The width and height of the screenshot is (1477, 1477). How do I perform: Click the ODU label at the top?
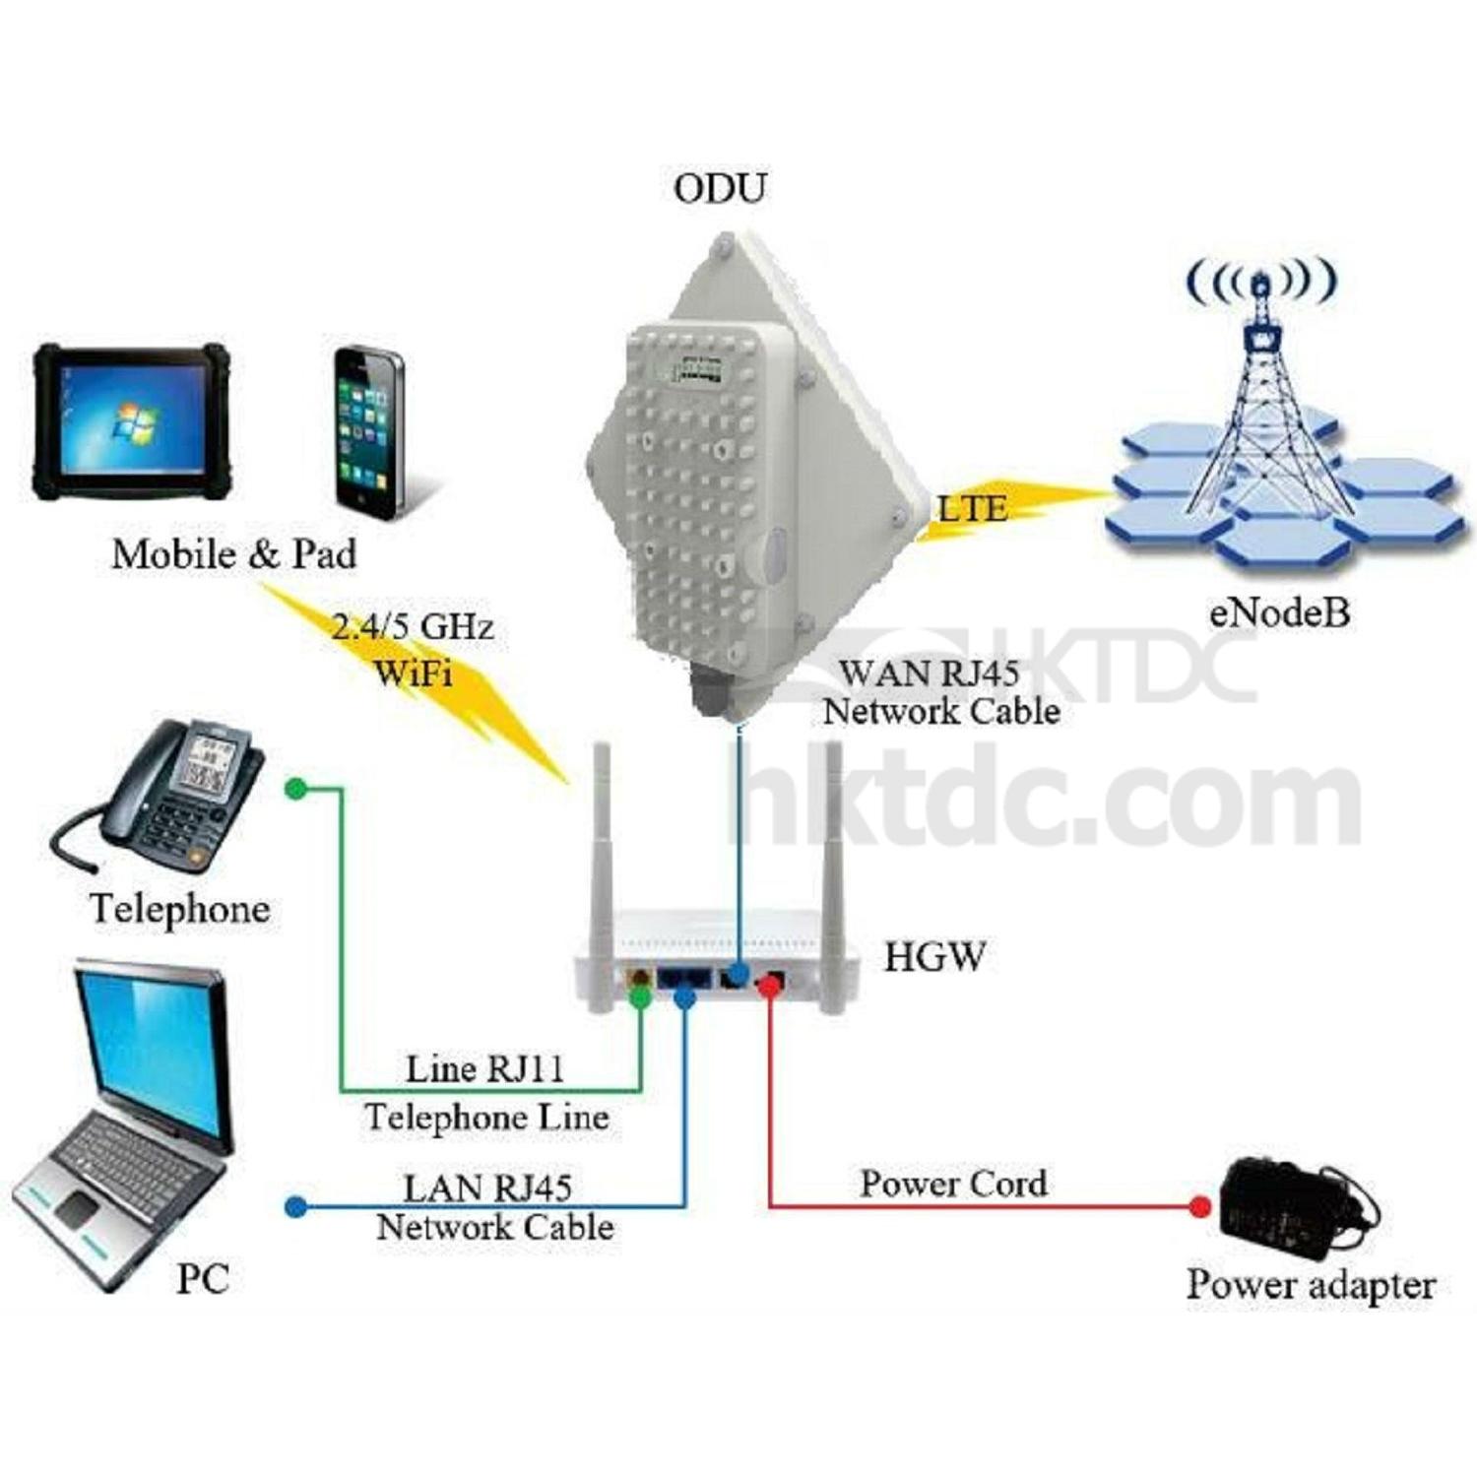pyautogui.click(x=719, y=188)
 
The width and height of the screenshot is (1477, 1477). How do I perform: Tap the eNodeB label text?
pyautogui.click(x=1278, y=612)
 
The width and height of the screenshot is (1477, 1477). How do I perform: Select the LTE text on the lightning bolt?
pyautogui.click(x=973, y=508)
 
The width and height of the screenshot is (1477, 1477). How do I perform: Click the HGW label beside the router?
pyautogui.click(x=933, y=957)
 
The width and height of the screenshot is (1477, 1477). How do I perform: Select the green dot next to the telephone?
pyautogui.click(x=294, y=789)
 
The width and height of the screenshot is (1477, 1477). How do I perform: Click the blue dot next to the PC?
pyautogui.click(x=292, y=1206)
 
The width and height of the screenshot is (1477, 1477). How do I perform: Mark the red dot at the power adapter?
pyautogui.click(x=1198, y=1206)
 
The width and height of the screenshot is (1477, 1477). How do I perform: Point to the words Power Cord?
pyautogui.click(x=953, y=1184)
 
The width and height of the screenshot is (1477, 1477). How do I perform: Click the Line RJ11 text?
pyautogui.click(x=484, y=1069)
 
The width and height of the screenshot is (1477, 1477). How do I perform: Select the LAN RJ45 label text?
pyautogui.click(x=487, y=1188)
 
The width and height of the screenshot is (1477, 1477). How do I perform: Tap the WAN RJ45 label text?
pyautogui.click(x=928, y=674)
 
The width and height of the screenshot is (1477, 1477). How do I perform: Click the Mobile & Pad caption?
pyautogui.click(x=233, y=554)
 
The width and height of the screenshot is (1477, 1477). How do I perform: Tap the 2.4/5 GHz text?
pyautogui.click(x=412, y=627)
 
